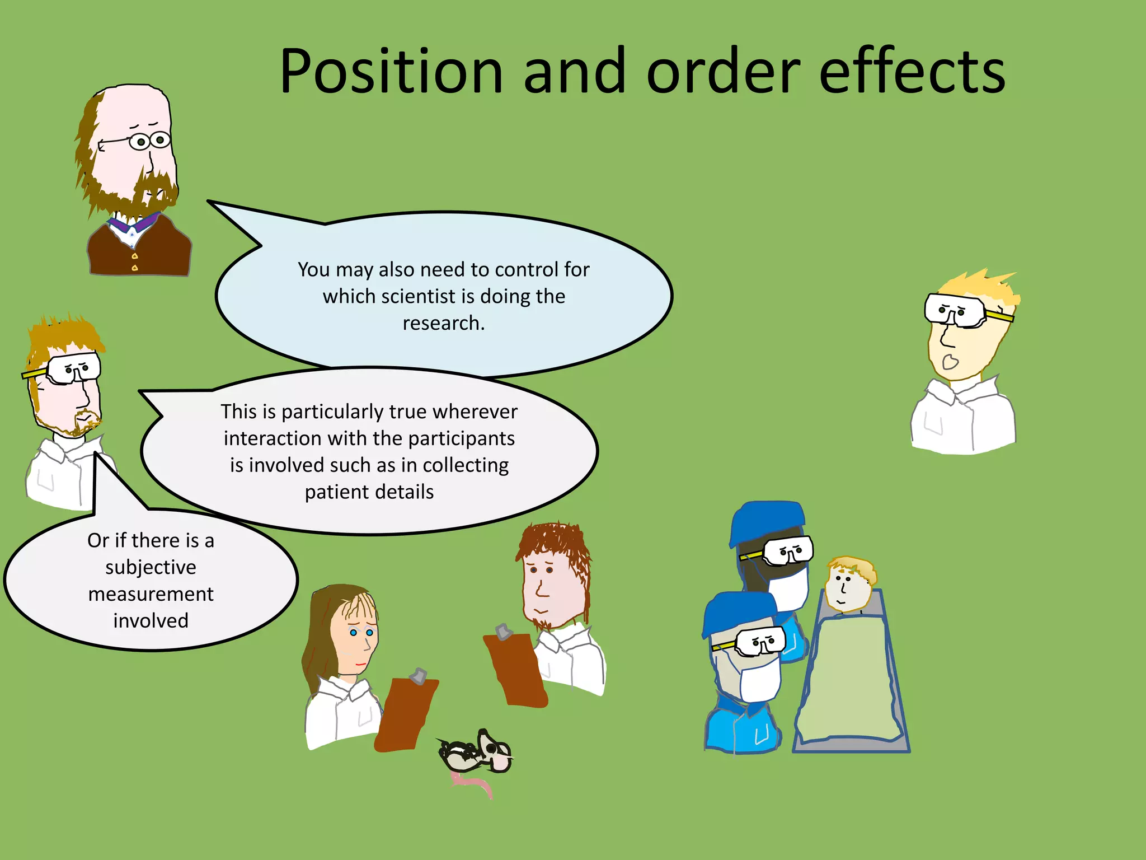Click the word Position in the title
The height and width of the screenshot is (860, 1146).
[392, 72]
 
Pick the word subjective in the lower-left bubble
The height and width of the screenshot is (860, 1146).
[151, 567]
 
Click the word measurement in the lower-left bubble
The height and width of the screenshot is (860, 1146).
[151, 594]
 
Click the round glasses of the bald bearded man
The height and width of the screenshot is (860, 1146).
[149, 141]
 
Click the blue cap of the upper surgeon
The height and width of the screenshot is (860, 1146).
[767, 521]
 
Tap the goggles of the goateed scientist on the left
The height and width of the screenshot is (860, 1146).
[73, 368]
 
